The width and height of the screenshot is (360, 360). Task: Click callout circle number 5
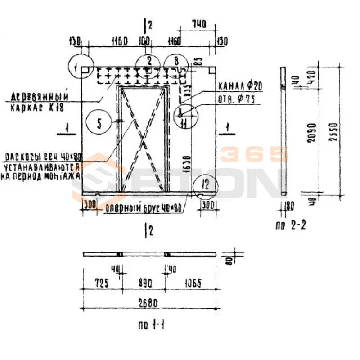(102, 121)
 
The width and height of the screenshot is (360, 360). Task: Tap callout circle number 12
(206, 184)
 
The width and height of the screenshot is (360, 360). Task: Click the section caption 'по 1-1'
(150, 324)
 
